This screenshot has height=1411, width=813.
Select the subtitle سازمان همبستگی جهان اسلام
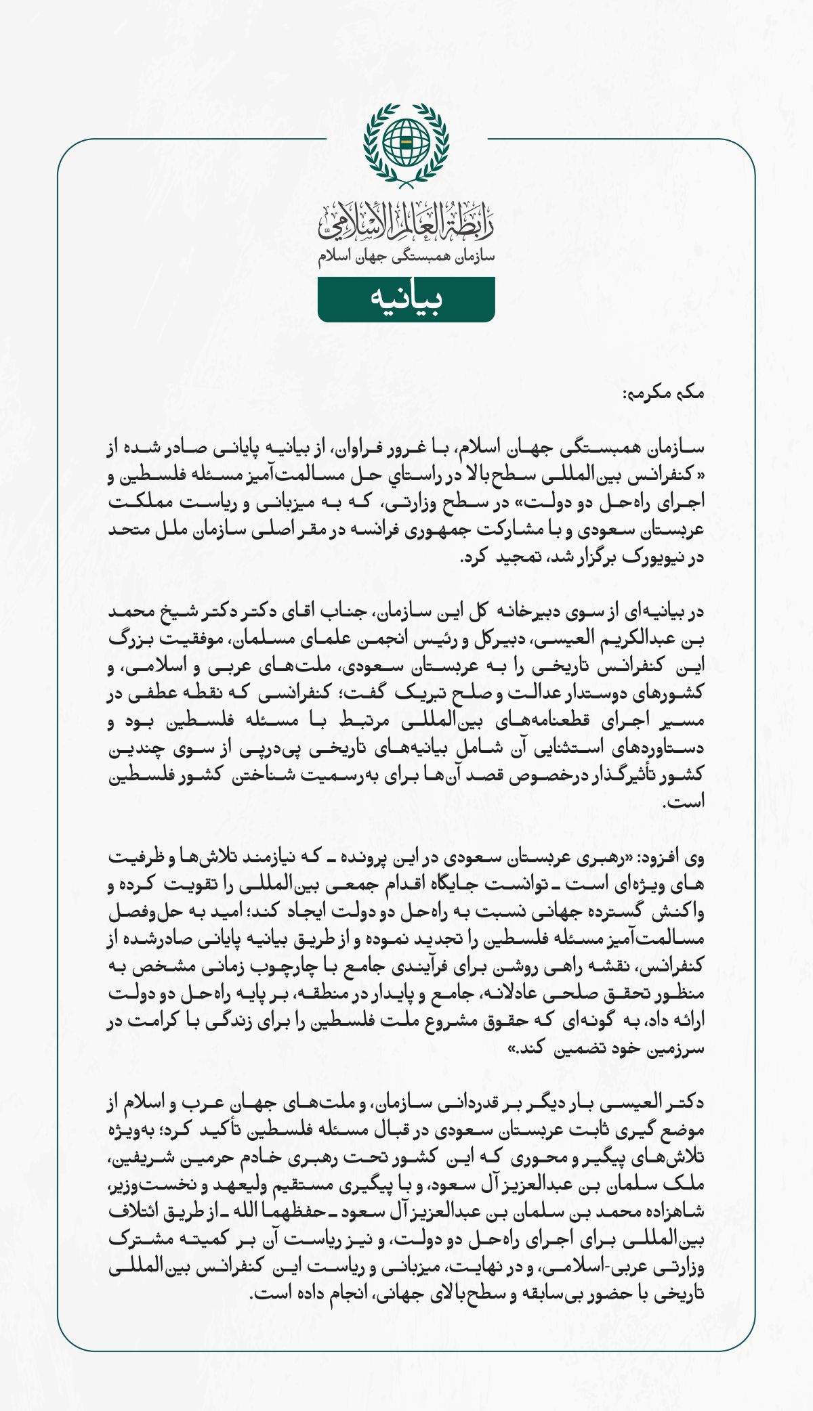tap(406, 257)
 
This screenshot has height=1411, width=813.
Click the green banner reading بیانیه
tap(406, 299)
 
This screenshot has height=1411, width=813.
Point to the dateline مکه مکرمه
tap(663, 393)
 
